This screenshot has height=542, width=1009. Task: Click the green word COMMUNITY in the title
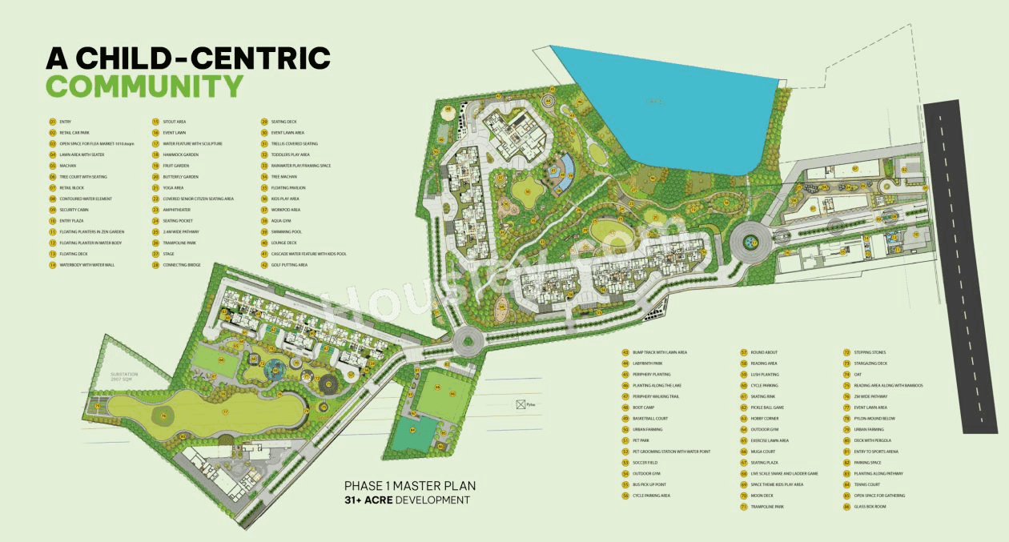144,86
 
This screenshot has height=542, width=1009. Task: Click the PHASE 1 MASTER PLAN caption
409,485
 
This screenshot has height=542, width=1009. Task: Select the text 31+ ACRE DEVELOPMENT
406,500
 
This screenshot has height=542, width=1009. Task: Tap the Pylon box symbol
521,404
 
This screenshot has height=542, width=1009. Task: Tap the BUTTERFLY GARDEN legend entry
180,177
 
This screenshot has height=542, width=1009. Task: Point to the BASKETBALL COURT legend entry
649,419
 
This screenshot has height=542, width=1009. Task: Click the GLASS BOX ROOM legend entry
870,507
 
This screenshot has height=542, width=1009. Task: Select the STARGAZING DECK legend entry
871,363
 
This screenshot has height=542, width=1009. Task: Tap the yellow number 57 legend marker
743,352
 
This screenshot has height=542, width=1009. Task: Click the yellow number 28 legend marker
156,264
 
